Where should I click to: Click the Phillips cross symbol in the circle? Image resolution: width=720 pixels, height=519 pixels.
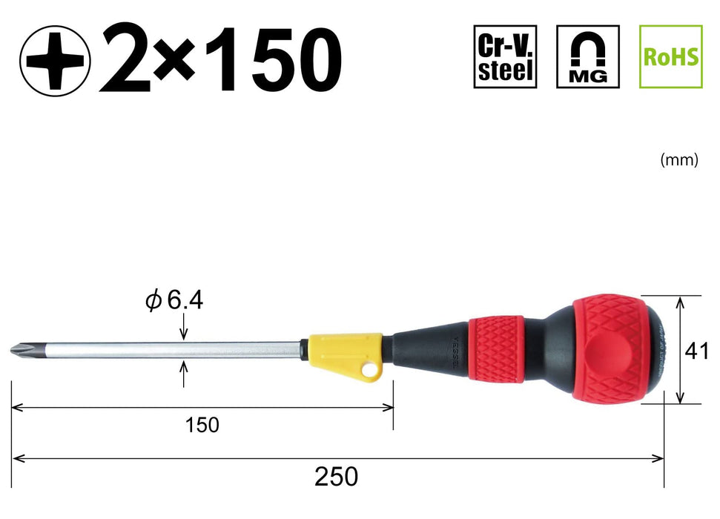[55, 61]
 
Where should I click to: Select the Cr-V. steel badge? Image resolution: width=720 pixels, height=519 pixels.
[505, 56]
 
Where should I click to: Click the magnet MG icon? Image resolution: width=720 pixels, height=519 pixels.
[588, 56]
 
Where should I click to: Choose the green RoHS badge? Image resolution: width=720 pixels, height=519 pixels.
[671, 56]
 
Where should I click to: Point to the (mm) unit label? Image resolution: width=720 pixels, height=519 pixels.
[679, 160]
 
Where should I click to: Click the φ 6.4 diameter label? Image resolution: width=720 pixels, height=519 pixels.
[174, 301]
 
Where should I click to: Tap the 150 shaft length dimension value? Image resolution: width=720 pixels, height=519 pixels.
[202, 425]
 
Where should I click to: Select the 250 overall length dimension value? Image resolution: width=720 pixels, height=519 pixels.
[336, 476]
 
